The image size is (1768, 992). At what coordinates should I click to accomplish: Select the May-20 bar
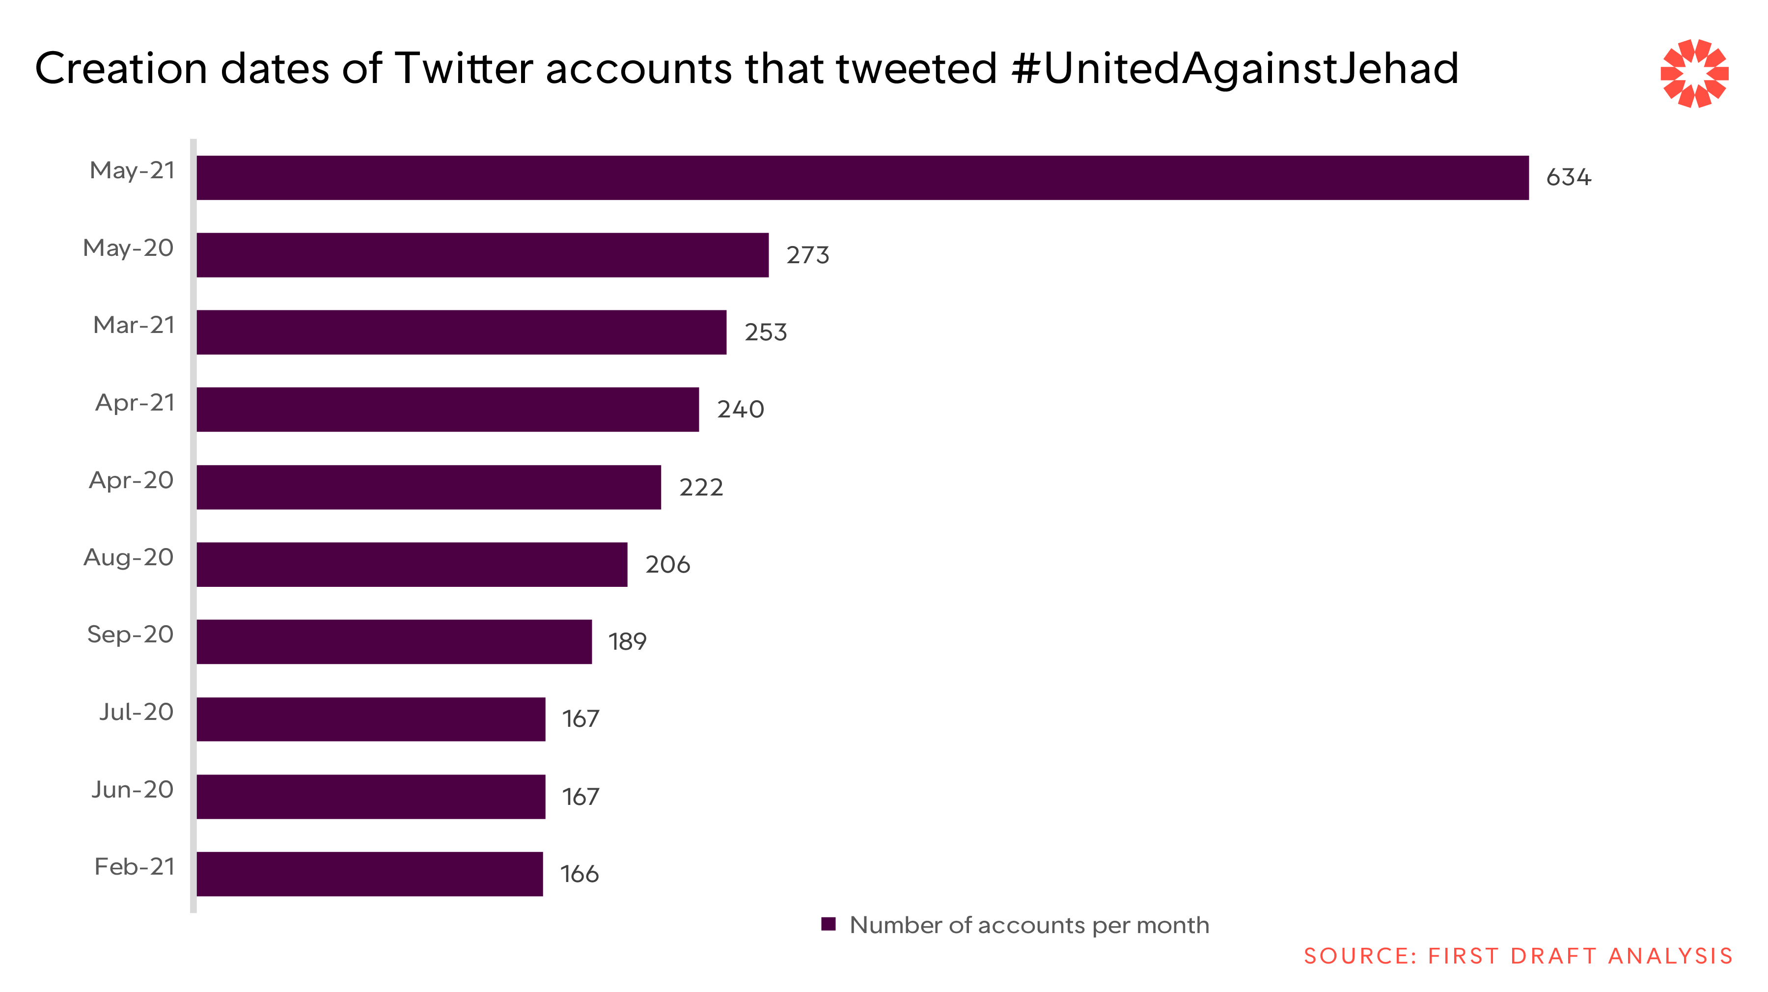coord(482,255)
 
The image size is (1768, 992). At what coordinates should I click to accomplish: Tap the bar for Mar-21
coord(461,332)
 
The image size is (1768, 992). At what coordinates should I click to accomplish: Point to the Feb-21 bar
coord(369,874)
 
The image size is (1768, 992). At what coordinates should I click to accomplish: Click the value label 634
coord(1568,178)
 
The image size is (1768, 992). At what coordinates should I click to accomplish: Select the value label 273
coord(808,255)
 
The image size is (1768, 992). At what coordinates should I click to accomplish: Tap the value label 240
coord(741,410)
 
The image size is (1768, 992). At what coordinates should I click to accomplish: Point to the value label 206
coord(667,564)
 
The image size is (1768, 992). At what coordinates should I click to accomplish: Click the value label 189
coord(627,642)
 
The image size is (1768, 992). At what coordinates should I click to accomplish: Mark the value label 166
coord(580,875)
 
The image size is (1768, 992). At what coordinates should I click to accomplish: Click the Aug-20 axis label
coord(128,557)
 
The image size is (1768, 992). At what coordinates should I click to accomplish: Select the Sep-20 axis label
coord(130,634)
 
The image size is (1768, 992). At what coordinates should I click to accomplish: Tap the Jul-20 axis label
coord(136,712)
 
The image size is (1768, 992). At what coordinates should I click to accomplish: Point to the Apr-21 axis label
coord(135,403)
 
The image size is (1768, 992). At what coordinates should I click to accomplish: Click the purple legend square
coord(829,924)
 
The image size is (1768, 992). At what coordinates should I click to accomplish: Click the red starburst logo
coord(1694,74)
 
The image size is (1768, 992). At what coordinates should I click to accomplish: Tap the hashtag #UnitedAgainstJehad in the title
coord(1235,69)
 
